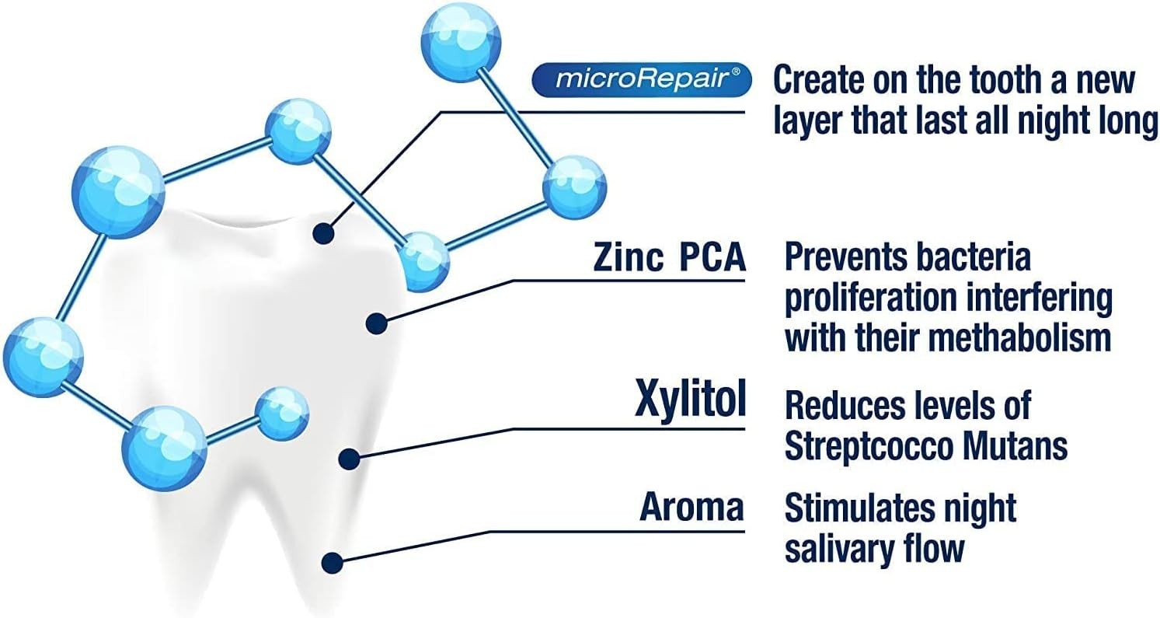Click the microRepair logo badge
tap(642, 80)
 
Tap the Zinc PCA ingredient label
tap(670, 257)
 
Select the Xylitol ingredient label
tap(690, 398)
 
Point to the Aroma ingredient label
tap(691, 506)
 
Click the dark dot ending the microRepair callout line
tap(324, 234)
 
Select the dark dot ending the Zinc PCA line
tap(377, 323)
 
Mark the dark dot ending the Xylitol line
tap(350, 459)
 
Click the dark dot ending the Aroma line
tap(332, 563)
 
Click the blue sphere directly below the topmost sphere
tap(574, 187)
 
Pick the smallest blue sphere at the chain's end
tap(282, 414)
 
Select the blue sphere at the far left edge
tap(43, 358)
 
